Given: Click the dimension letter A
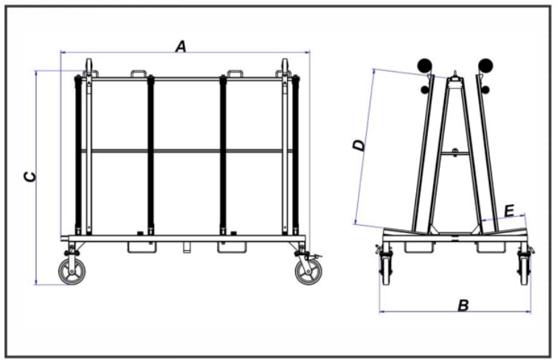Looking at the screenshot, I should [180, 46].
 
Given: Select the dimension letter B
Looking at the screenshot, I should [463, 304].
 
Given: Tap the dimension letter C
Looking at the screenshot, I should [28, 177].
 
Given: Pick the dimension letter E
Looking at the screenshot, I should [509, 211].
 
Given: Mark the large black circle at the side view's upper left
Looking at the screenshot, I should [424, 66].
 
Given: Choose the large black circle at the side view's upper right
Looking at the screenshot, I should [485, 66].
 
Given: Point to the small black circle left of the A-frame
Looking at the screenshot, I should [425, 90].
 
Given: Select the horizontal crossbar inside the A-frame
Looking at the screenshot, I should [455, 153].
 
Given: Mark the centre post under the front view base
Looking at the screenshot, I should [187, 245].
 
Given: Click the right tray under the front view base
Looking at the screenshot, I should [231, 246].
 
